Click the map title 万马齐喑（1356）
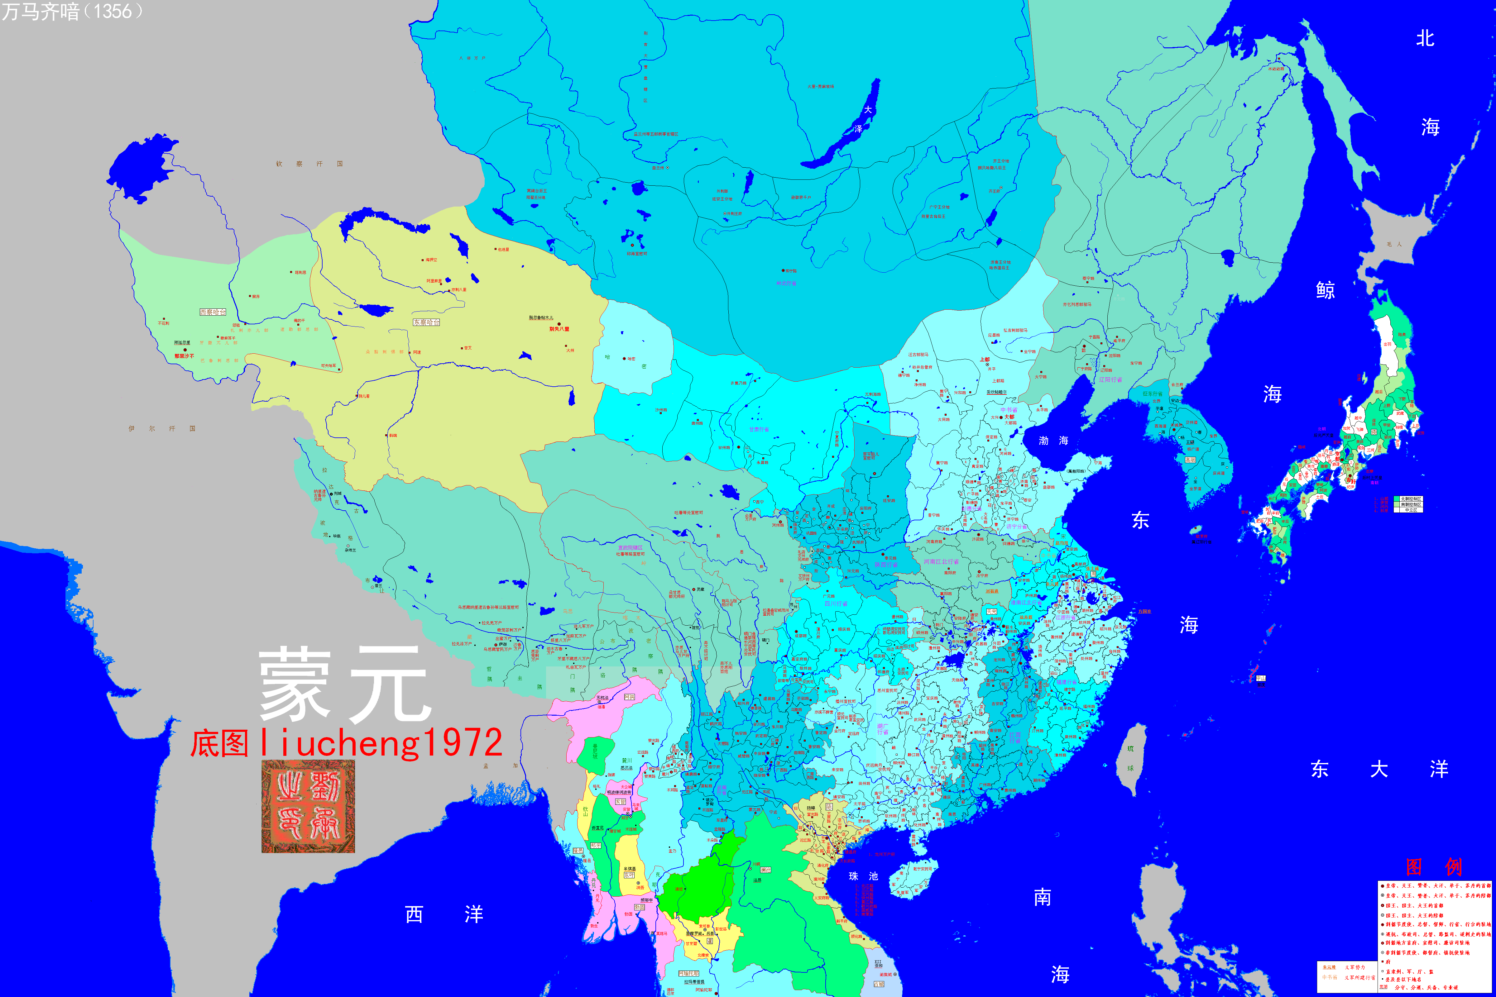point(71,12)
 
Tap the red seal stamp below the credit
point(308,806)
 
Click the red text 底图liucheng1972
point(347,743)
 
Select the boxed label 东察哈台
point(426,322)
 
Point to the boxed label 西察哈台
point(213,312)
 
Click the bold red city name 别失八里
point(559,329)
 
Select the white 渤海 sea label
point(1053,441)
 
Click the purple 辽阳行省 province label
point(1110,379)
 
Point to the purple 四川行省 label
point(836,603)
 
